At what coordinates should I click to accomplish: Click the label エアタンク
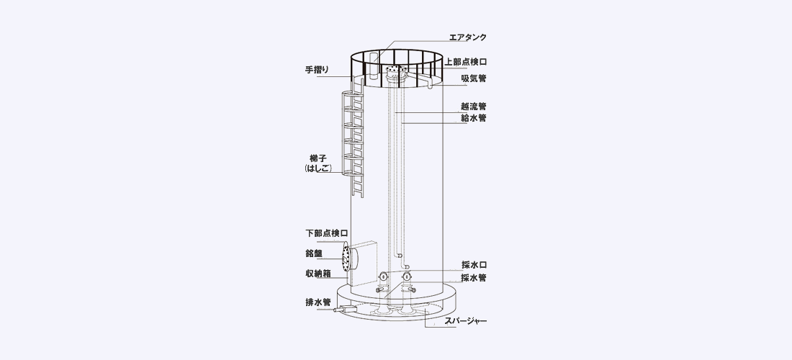pos(468,37)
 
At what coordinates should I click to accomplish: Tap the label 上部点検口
pos(465,62)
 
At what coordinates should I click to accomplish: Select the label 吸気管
pos(473,78)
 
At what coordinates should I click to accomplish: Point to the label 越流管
pos(473,107)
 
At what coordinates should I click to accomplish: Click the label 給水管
pos(473,118)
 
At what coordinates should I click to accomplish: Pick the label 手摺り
pos(318,70)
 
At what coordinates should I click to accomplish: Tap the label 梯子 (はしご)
pos(318,163)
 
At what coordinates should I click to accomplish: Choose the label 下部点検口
pos(327,233)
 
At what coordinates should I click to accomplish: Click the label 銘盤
pos(314,253)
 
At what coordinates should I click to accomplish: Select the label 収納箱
pos(318,274)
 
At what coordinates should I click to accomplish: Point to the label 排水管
pos(318,302)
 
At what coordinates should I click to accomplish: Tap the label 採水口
pos(474,264)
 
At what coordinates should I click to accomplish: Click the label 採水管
pos(474,278)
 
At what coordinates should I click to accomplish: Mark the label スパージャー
pos(466,320)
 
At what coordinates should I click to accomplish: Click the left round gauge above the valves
pos(383,276)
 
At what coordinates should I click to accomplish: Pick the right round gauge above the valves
pos(407,276)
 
